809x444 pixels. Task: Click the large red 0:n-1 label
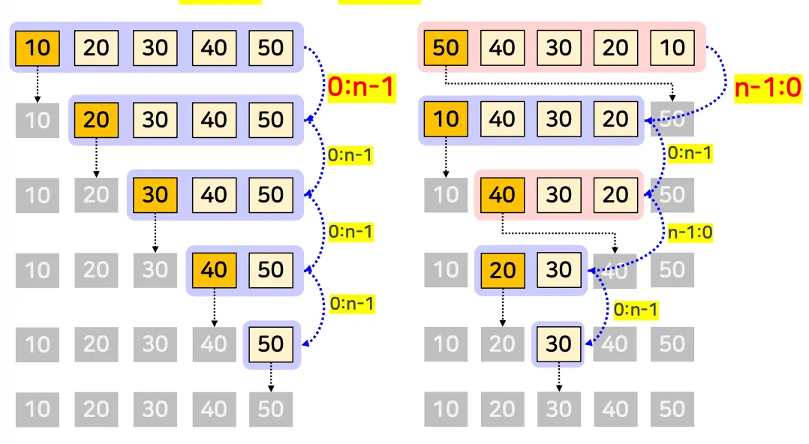(x=361, y=88)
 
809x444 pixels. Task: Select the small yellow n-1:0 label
(x=690, y=232)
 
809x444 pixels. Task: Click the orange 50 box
(x=446, y=47)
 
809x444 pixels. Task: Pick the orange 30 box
(x=155, y=194)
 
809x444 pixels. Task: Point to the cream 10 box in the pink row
(x=672, y=47)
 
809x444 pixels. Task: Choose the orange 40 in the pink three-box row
(x=502, y=194)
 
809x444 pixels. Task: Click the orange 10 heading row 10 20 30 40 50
(x=38, y=47)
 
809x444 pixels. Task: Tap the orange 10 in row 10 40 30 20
(x=446, y=119)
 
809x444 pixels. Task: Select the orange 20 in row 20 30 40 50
(x=96, y=119)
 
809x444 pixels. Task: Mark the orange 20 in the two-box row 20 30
(x=502, y=269)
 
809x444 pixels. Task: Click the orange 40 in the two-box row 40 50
(x=214, y=269)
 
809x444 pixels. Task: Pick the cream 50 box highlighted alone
(x=271, y=343)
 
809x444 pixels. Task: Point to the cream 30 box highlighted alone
(x=559, y=343)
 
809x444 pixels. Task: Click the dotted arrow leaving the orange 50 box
(x=559, y=83)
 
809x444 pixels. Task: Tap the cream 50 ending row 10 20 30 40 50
(x=271, y=47)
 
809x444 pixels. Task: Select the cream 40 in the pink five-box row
(x=502, y=47)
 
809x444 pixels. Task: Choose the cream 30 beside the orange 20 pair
(x=559, y=269)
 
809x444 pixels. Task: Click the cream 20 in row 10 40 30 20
(x=616, y=119)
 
